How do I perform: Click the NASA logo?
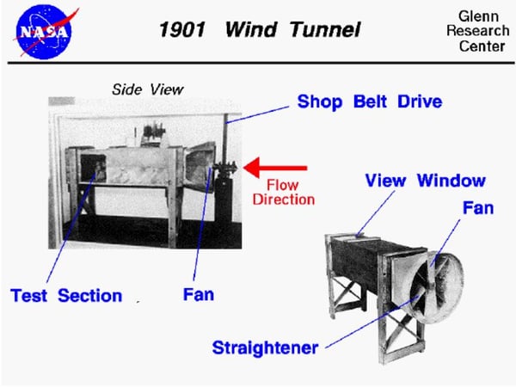point(45,34)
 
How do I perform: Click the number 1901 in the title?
point(182,29)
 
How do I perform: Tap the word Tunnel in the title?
point(326,29)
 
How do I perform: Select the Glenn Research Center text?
point(478,31)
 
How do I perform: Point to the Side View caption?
point(147,89)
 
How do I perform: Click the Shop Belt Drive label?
point(370,101)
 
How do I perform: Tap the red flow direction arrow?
point(275,168)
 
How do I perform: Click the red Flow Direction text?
point(283,192)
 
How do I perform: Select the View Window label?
point(425,181)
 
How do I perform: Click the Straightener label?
point(265,348)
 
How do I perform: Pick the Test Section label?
point(66,296)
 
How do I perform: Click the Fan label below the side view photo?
point(199,294)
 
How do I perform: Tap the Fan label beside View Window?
point(478,208)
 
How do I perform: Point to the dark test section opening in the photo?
point(93,168)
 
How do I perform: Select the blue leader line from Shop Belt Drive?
point(257,114)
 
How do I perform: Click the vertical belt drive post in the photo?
point(225,138)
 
